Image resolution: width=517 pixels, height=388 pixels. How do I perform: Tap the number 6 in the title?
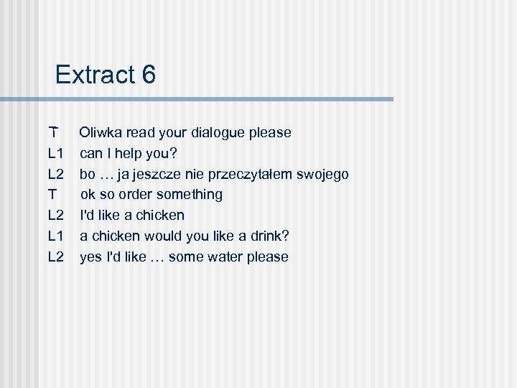pos(148,74)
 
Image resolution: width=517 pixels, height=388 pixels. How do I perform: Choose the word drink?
pos(251,236)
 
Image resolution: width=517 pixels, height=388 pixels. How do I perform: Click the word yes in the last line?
pos(90,257)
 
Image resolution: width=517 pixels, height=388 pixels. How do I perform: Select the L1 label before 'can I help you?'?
pos(57,153)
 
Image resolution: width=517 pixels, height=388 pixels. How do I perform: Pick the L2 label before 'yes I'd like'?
pos(57,257)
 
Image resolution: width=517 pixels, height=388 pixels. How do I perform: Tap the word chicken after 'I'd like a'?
pos(160,215)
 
